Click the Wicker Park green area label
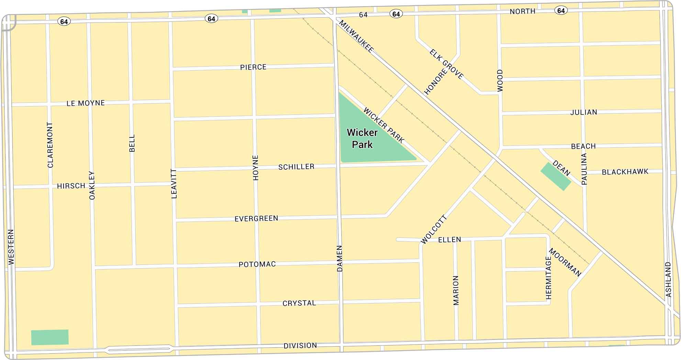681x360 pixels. [x=362, y=138]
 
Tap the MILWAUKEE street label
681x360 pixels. [x=356, y=36]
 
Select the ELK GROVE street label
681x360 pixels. [x=446, y=64]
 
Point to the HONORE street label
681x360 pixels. [x=436, y=82]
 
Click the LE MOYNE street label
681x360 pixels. [x=86, y=103]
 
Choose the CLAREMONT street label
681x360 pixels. [x=51, y=145]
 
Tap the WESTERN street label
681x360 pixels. [x=11, y=247]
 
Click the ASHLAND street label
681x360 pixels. [x=668, y=279]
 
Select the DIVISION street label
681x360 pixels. [x=300, y=346]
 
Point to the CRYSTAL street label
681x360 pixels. [x=299, y=303]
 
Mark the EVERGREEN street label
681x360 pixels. [x=256, y=218]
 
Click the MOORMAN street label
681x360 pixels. [x=565, y=262]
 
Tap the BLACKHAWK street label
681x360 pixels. [x=625, y=172]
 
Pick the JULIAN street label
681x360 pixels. [x=583, y=112]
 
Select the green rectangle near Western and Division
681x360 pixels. [x=50, y=337]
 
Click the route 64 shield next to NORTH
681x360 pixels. [x=561, y=11]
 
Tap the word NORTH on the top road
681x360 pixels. [x=522, y=11]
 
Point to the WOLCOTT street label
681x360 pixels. [x=434, y=229]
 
